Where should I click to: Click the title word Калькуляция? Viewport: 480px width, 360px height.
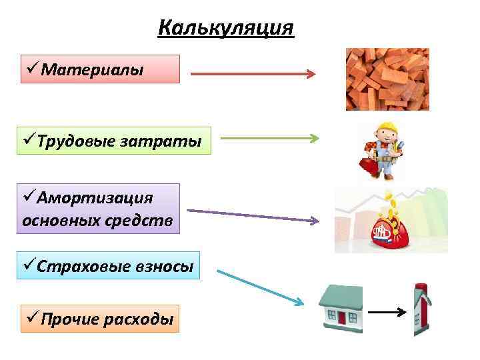click(227, 29)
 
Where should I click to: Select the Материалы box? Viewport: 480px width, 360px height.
click(100, 69)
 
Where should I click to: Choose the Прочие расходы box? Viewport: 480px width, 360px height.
click(100, 318)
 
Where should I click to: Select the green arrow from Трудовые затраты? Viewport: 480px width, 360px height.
click(269, 139)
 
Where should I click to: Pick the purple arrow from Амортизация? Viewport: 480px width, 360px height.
click(253, 215)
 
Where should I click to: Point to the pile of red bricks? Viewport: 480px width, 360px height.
click(387, 79)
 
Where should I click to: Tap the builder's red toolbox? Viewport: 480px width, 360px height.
click(367, 165)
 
